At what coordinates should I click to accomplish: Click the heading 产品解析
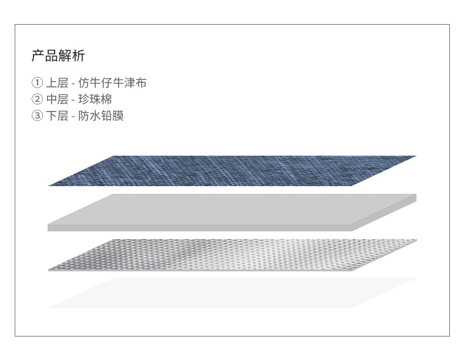pyautogui.click(x=58, y=56)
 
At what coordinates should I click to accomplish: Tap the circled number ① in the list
pyautogui.click(x=38, y=83)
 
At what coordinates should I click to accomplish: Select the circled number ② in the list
pyautogui.click(x=38, y=99)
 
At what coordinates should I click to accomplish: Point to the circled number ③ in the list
pyautogui.click(x=38, y=116)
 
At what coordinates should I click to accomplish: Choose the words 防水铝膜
pyautogui.click(x=101, y=116)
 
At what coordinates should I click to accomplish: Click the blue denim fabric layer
pyautogui.click(x=232, y=170)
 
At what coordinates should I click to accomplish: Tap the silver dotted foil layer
pyautogui.click(x=232, y=254)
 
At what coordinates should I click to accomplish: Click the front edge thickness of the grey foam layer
pyautogui.click(x=200, y=227)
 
